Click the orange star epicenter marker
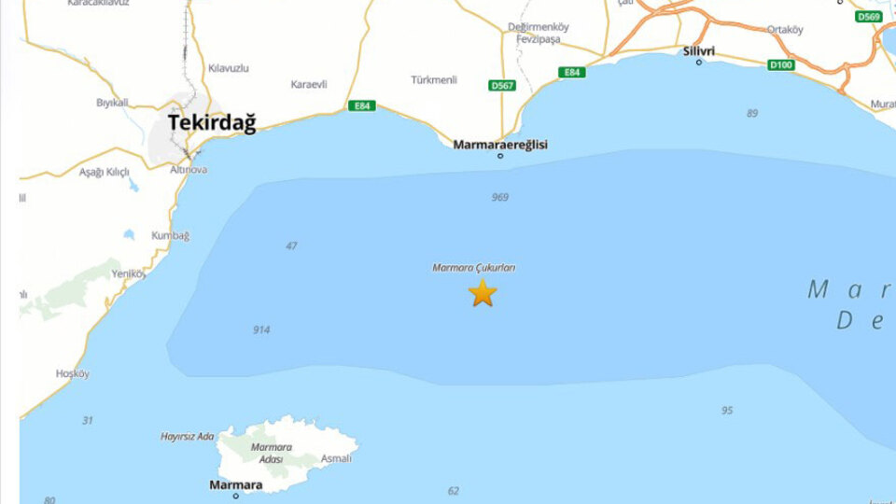tap(483, 293)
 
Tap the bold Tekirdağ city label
tap(212, 122)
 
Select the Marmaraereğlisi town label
tap(500, 145)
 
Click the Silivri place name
tap(699, 50)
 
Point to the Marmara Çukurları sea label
tap(474, 268)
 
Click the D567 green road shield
tap(502, 85)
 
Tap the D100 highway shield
tap(780, 64)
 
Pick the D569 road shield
tap(869, 17)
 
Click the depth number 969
tap(500, 197)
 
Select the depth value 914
tap(261, 330)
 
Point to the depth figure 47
tap(292, 246)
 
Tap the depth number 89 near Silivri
tap(752, 113)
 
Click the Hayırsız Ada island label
tap(188, 437)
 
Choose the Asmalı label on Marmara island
tap(336, 458)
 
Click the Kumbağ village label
tap(170, 235)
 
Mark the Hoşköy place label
tap(72, 373)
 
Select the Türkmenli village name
tap(434, 79)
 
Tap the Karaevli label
tap(309, 84)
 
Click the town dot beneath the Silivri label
tap(699, 63)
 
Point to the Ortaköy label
tap(785, 30)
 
